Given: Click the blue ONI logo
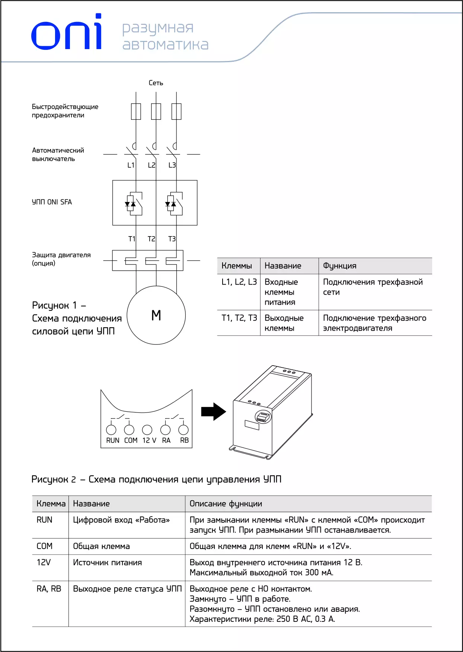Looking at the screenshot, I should click(x=66, y=33).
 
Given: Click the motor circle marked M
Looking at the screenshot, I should click(x=156, y=315).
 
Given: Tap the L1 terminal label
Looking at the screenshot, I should click(x=131, y=165).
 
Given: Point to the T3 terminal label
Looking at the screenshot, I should click(x=172, y=239).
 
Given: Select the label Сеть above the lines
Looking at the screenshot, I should click(x=156, y=83).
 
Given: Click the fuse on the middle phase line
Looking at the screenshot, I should click(x=156, y=112).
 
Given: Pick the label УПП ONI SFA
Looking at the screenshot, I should click(x=52, y=202).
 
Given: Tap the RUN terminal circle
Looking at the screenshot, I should click(x=111, y=430).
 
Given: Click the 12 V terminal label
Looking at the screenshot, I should click(x=149, y=440).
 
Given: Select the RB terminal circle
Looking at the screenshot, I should click(x=183, y=430).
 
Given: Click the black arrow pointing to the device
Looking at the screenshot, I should click(x=213, y=412).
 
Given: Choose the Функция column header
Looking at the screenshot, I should click(x=339, y=266).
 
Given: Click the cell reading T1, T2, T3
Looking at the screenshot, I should click(x=239, y=318).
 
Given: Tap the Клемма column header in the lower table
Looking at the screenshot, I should click(x=51, y=504).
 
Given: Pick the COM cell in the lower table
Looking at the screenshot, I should click(x=44, y=546).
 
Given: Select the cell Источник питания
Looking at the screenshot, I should click(x=107, y=563).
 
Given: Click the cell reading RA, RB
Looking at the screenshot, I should click(x=49, y=589).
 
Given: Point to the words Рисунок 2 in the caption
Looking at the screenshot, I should click(x=54, y=479).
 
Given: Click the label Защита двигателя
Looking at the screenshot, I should click(x=61, y=255).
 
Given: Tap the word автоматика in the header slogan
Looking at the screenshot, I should click(x=165, y=45).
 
